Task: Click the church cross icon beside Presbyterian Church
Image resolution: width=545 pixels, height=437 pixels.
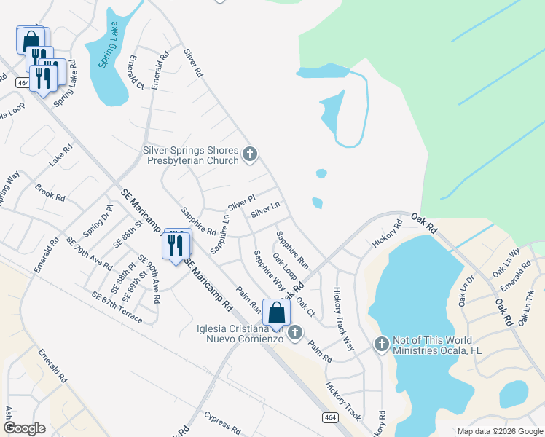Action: (250, 154)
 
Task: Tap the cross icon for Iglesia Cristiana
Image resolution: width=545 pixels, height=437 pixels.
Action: (295, 333)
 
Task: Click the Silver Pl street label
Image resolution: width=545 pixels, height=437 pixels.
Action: (241, 199)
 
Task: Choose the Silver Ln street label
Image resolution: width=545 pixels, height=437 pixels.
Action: (265, 210)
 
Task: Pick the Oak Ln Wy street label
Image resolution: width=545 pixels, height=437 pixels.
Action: (506, 262)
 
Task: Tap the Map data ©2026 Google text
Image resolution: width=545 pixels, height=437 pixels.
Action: (499, 431)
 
